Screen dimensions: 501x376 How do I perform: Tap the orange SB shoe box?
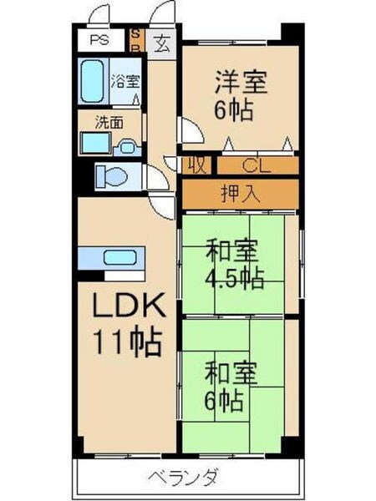coord(138,40)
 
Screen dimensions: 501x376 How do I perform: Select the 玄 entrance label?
coord(160,41)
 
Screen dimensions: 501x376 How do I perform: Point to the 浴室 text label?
coord(126,82)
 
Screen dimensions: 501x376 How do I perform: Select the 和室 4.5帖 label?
coord(231,264)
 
